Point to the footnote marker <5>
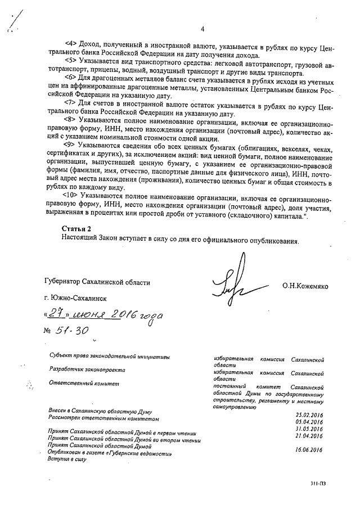(x=71, y=58)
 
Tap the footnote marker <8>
(x=71, y=119)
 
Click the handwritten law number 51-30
(x=71, y=332)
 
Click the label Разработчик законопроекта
(x=87, y=370)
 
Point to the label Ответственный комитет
(x=84, y=384)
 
